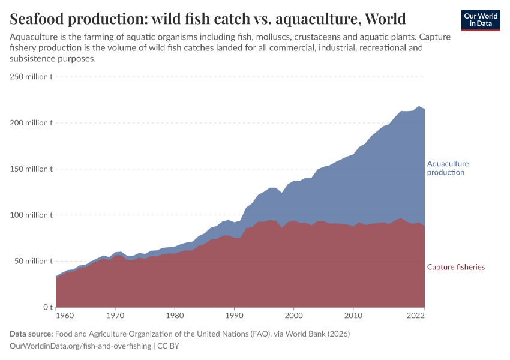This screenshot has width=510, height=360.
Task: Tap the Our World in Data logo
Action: pyautogui.click(x=480, y=20)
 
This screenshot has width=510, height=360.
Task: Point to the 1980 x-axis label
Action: pyautogui.click(x=174, y=315)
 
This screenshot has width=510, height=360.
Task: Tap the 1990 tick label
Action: pyautogui.click(x=233, y=315)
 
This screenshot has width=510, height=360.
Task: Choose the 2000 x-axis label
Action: pyautogui.click(x=293, y=315)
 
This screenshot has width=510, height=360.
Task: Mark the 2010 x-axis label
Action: pyautogui.click(x=353, y=315)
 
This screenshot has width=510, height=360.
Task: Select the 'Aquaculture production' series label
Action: pyautogui.click(x=448, y=168)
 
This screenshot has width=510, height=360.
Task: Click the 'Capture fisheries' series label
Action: pyautogui.click(x=455, y=267)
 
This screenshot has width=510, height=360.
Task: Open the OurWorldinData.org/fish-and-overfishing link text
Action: pyautogui.click(x=80, y=346)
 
